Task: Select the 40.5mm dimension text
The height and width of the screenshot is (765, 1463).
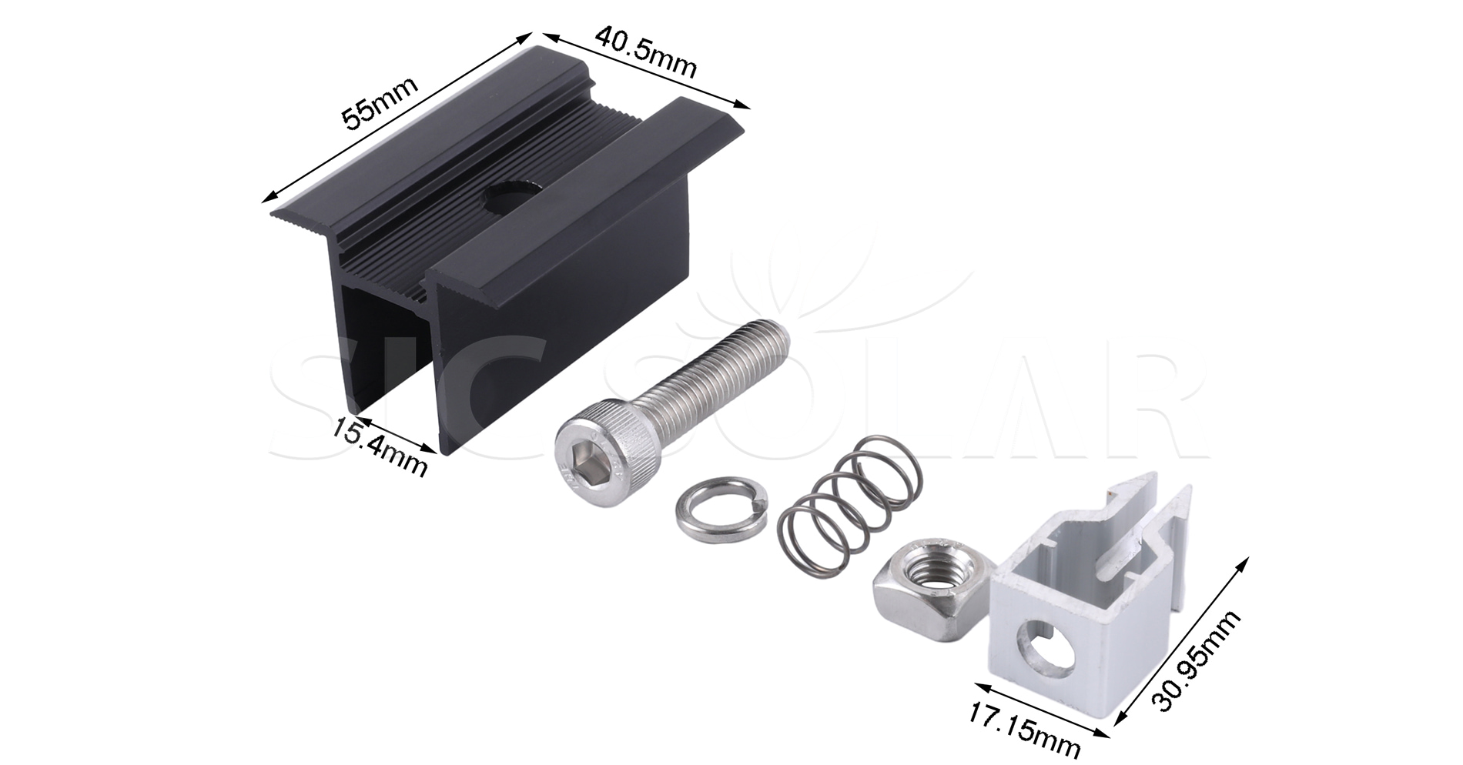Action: tap(645, 53)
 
